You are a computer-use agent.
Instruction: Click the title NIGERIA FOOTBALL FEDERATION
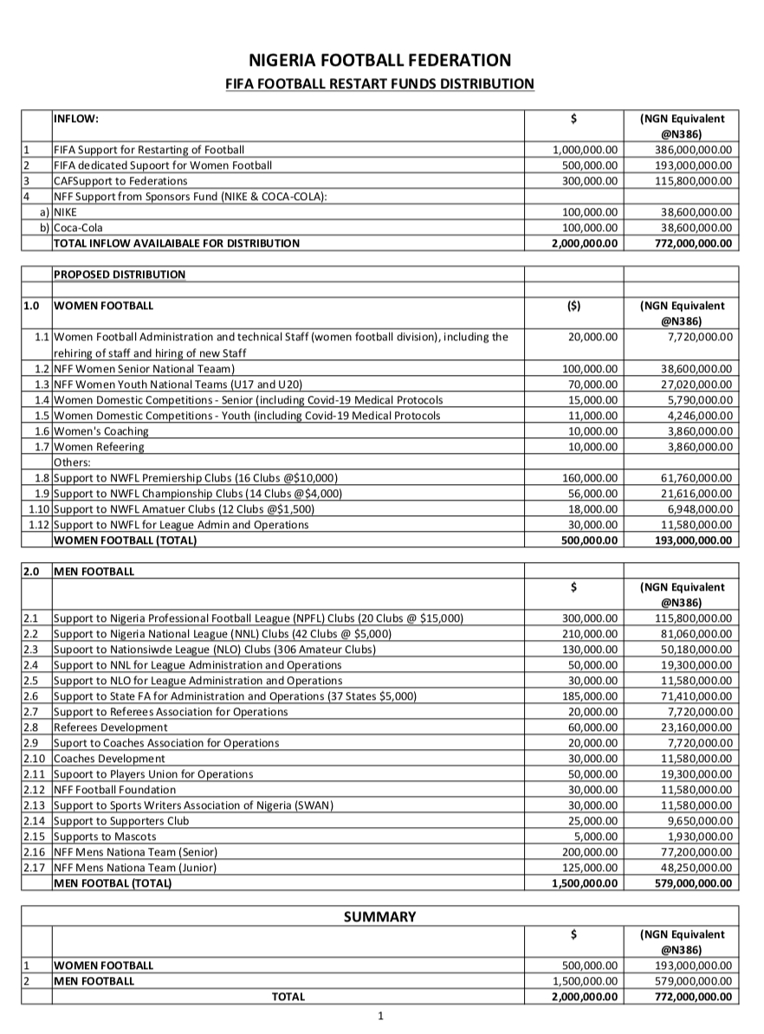coord(380,60)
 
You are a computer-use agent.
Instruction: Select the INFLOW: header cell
coord(76,119)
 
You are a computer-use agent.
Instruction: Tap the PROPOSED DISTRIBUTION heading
coord(120,275)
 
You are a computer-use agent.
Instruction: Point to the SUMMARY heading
coord(380,917)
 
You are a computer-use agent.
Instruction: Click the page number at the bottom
coord(380,1016)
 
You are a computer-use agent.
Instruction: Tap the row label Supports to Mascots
coord(105,837)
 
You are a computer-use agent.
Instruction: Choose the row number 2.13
coord(36,805)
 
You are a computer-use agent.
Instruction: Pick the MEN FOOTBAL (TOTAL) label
coord(113,883)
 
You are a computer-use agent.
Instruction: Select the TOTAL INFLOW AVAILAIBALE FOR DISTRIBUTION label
coord(177,243)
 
